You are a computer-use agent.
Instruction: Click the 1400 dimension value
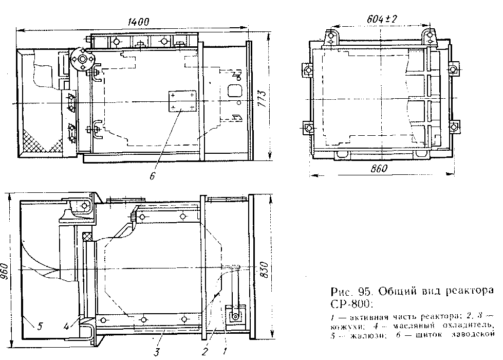(137, 22)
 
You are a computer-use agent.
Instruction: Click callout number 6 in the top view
(152, 176)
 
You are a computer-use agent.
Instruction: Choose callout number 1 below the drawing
(224, 351)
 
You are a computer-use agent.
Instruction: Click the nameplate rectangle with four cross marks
(183, 101)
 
